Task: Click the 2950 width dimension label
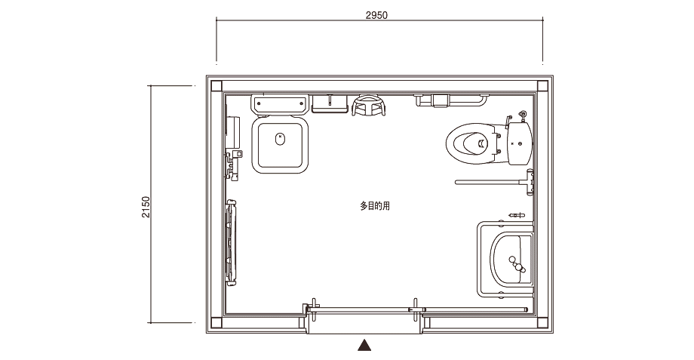(x=376, y=15)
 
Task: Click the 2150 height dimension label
(x=146, y=208)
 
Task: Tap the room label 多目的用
(x=375, y=206)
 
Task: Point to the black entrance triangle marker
(x=364, y=345)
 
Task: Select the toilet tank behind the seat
(x=520, y=143)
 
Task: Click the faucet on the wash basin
(x=517, y=264)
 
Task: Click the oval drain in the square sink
(x=279, y=139)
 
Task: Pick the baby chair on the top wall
(x=369, y=106)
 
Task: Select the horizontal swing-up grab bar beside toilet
(x=494, y=182)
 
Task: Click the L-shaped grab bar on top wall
(x=451, y=100)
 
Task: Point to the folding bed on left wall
(x=231, y=242)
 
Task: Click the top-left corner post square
(x=216, y=86)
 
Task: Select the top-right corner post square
(x=542, y=86)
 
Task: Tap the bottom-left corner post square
(x=216, y=323)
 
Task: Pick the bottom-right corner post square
(x=542, y=323)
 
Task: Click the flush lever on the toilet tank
(x=508, y=121)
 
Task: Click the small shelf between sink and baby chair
(x=330, y=103)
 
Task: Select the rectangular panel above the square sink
(x=279, y=104)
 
